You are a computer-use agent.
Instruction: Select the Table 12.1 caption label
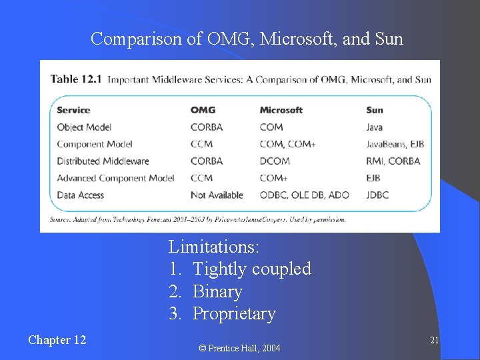[76, 79]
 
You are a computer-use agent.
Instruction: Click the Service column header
[73, 110]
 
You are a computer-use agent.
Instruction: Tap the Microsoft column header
[281, 110]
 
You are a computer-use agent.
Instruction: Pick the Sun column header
[375, 110]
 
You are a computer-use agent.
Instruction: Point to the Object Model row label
[84, 127]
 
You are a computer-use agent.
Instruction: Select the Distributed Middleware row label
[103, 161]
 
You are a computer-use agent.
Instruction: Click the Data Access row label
[81, 195]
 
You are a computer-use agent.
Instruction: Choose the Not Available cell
[217, 195]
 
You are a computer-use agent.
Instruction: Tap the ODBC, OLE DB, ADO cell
[305, 195]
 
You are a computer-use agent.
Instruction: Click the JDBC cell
[377, 195]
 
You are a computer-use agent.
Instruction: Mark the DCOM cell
[275, 161]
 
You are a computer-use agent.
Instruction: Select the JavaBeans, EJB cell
[395, 144]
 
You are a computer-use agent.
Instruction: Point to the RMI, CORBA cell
[393, 161]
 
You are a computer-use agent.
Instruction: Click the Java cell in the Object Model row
[375, 127]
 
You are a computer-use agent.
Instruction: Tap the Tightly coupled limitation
[251, 269]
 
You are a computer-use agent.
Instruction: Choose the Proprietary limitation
[233, 314]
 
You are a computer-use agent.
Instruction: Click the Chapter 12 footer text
[57, 340]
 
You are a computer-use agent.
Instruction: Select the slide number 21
[434, 341]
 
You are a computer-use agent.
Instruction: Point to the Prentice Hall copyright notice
[241, 348]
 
